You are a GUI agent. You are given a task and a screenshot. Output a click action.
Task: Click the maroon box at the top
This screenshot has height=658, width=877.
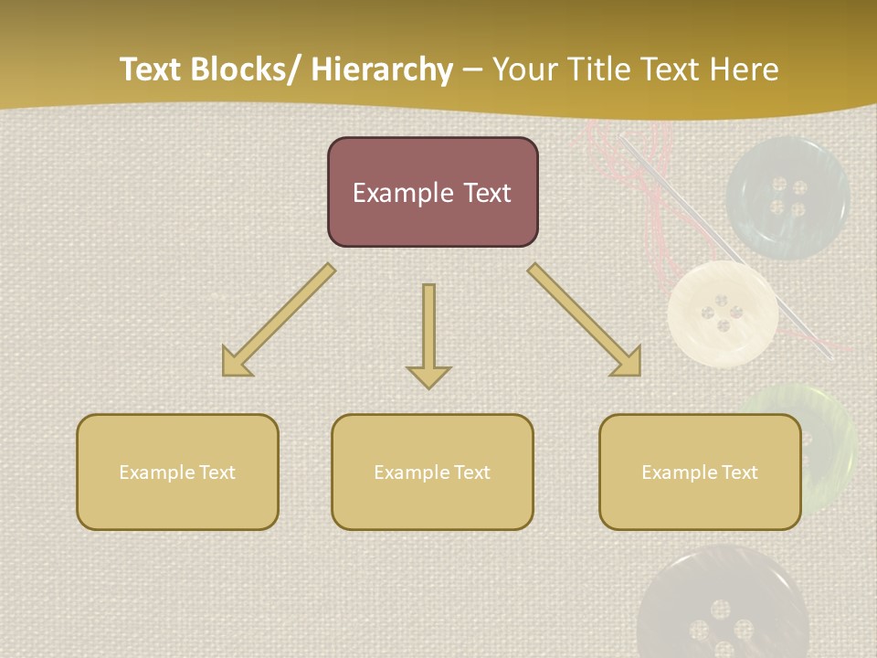[432, 192]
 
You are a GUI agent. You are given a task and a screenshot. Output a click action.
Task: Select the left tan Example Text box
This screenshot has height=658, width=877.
[177, 472]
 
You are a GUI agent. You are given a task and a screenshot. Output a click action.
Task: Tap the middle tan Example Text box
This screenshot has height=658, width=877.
[432, 472]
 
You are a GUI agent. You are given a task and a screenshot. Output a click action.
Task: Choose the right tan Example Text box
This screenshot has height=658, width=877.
[700, 472]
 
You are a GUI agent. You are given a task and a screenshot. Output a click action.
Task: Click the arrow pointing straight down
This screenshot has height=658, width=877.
[428, 334]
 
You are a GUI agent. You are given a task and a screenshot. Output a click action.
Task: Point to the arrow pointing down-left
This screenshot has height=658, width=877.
[278, 321]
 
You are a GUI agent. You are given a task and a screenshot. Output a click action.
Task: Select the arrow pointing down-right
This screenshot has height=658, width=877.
[585, 320]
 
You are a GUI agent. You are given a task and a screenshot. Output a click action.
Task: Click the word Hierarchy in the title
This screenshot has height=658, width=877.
[382, 69]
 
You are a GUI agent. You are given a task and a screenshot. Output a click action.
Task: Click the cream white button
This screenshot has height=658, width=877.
[723, 313]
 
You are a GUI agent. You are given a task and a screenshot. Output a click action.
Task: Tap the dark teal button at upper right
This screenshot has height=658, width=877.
[787, 197]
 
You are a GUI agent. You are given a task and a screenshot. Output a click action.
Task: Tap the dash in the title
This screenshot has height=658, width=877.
[471, 71]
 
